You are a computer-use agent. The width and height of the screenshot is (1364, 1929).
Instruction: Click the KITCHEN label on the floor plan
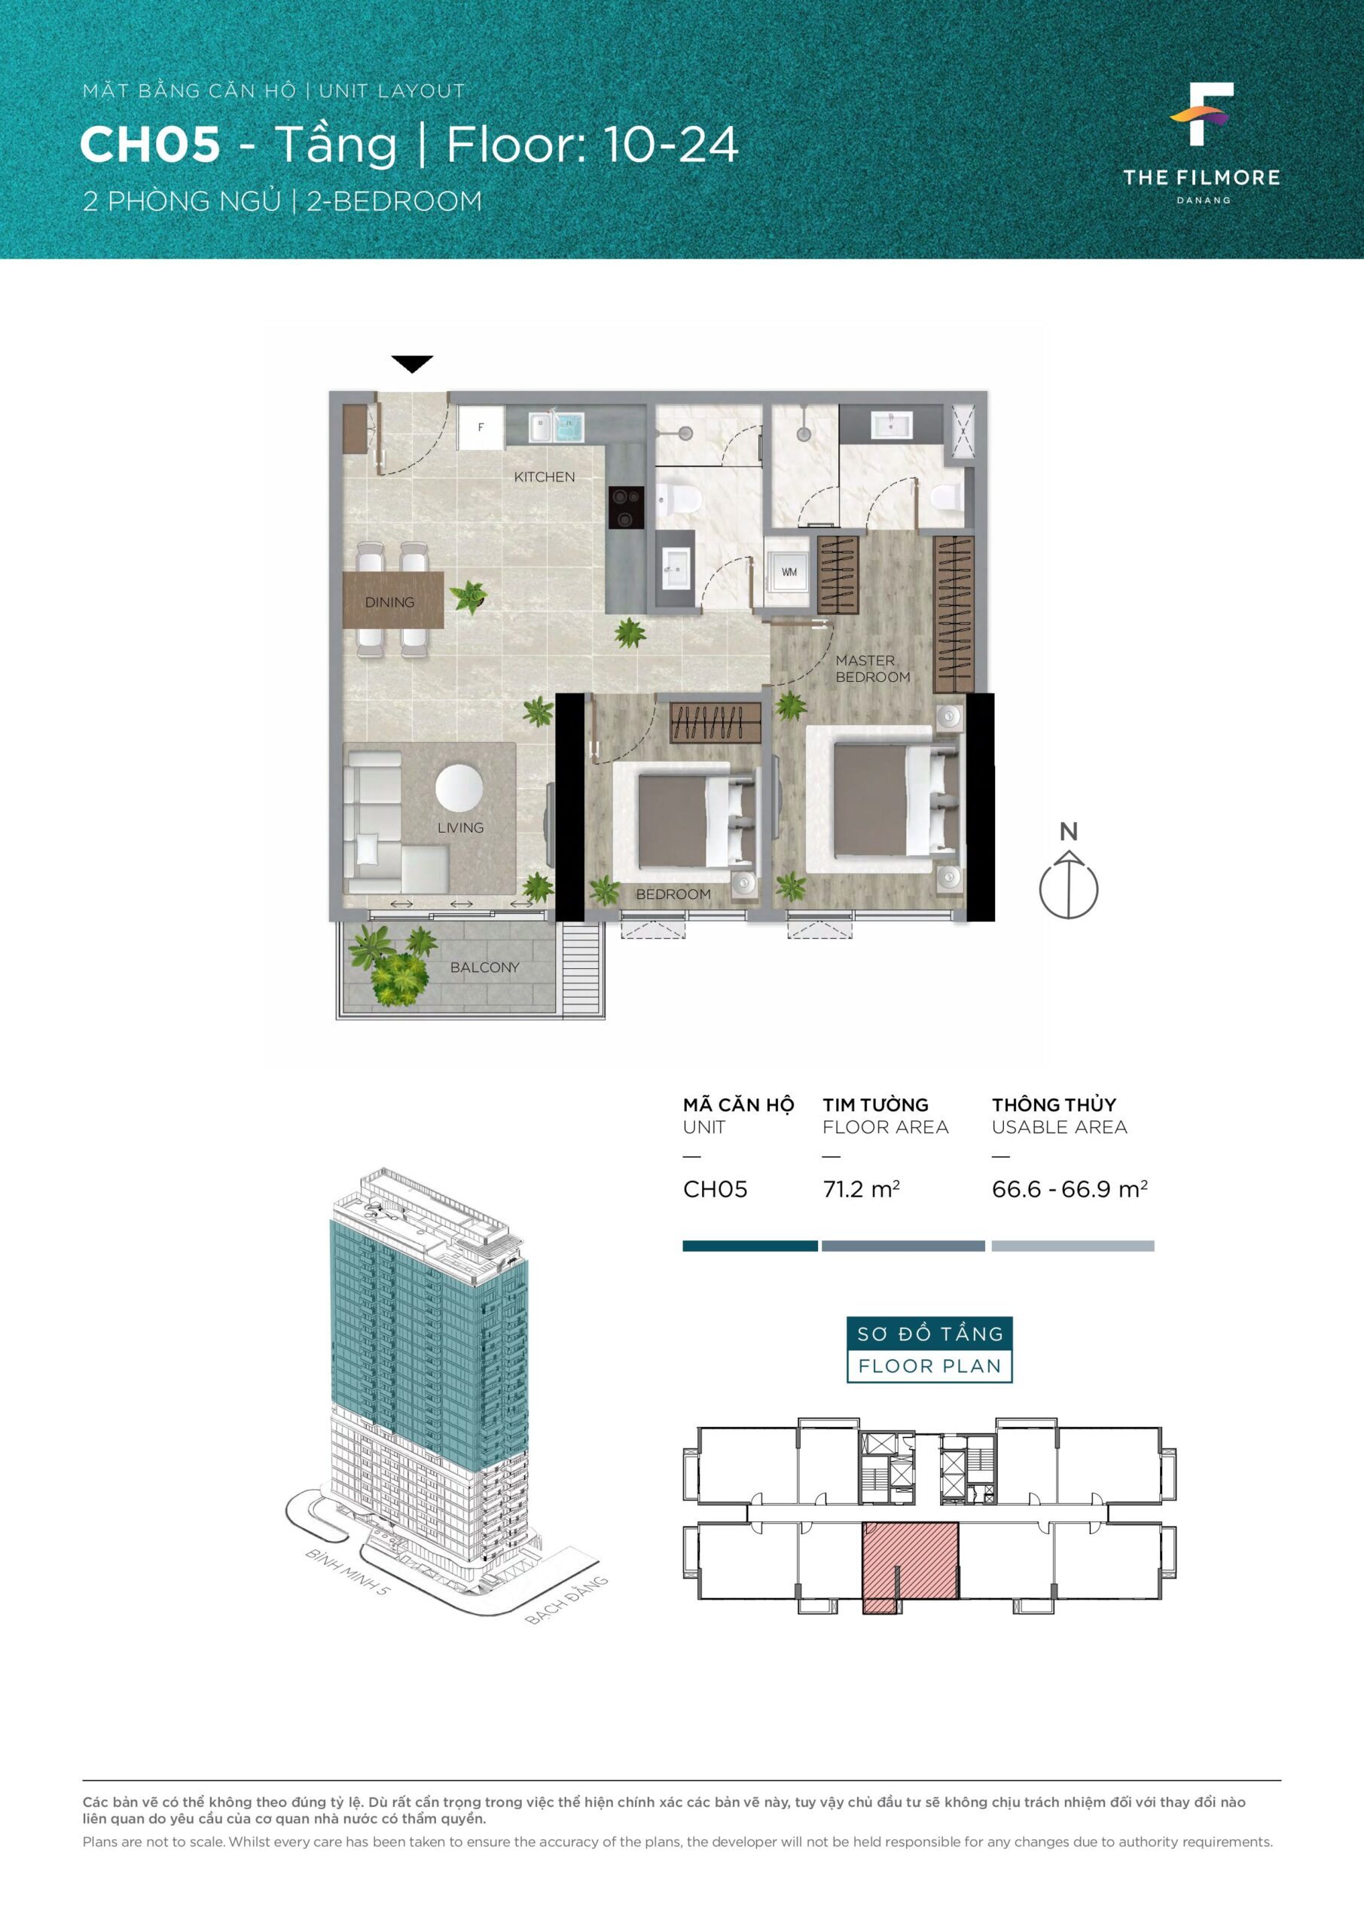point(545,476)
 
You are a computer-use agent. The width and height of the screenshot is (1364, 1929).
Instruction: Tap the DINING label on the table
point(389,601)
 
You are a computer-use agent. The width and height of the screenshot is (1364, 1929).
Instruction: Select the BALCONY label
point(484,967)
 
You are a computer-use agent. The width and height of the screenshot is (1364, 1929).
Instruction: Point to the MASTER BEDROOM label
point(873,669)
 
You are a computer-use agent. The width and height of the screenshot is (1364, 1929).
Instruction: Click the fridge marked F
point(481,428)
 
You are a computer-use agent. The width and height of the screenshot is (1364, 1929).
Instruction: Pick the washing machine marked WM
point(789,572)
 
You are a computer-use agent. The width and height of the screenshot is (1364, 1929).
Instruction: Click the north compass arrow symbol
point(1068,885)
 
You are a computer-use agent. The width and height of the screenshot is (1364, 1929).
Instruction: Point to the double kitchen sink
point(556,426)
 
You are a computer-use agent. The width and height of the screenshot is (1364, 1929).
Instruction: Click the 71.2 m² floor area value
point(861,1189)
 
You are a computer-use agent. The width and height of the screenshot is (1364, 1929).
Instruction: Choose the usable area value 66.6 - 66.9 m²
point(1070,1189)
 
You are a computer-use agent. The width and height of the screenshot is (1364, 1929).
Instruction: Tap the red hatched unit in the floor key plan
point(911,1564)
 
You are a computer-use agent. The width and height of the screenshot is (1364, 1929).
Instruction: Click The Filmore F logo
point(1202,115)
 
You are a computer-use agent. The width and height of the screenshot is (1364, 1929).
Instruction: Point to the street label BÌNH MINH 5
point(347,1573)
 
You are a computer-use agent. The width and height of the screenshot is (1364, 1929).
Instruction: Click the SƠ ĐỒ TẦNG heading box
point(929,1333)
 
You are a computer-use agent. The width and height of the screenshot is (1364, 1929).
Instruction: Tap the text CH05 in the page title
point(151,145)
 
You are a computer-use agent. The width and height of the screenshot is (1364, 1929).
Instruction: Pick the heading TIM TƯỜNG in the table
point(875,1105)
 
